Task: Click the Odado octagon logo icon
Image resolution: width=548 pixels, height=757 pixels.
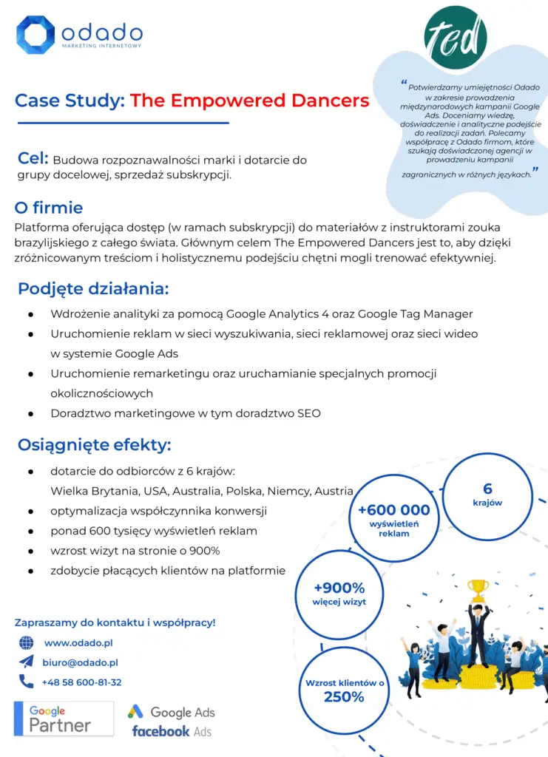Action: (35, 35)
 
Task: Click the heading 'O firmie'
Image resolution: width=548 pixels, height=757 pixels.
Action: (49, 207)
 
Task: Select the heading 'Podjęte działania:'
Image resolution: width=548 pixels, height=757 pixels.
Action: (93, 288)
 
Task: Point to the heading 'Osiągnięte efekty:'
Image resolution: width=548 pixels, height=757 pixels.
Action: (94, 445)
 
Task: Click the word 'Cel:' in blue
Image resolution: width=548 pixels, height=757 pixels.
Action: (33, 158)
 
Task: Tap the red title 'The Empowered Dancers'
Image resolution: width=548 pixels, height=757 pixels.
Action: (249, 101)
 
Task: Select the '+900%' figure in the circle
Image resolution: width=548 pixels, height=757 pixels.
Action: (339, 588)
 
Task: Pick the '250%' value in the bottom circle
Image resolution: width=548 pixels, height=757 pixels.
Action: (344, 697)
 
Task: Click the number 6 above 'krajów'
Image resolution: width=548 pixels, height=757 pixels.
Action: (487, 489)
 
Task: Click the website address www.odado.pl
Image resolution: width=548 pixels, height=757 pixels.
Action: (78, 643)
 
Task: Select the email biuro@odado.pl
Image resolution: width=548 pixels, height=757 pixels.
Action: (80, 662)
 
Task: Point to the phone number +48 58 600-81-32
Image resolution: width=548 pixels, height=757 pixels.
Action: (82, 682)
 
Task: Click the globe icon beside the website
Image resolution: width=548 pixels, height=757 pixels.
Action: (27, 643)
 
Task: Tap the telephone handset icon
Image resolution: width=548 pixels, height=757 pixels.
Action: (27, 682)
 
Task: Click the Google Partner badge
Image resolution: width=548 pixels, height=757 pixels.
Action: (64, 718)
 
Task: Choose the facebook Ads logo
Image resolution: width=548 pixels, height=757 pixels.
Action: (172, 730)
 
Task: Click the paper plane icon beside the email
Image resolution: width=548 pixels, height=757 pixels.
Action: (27, 662)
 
